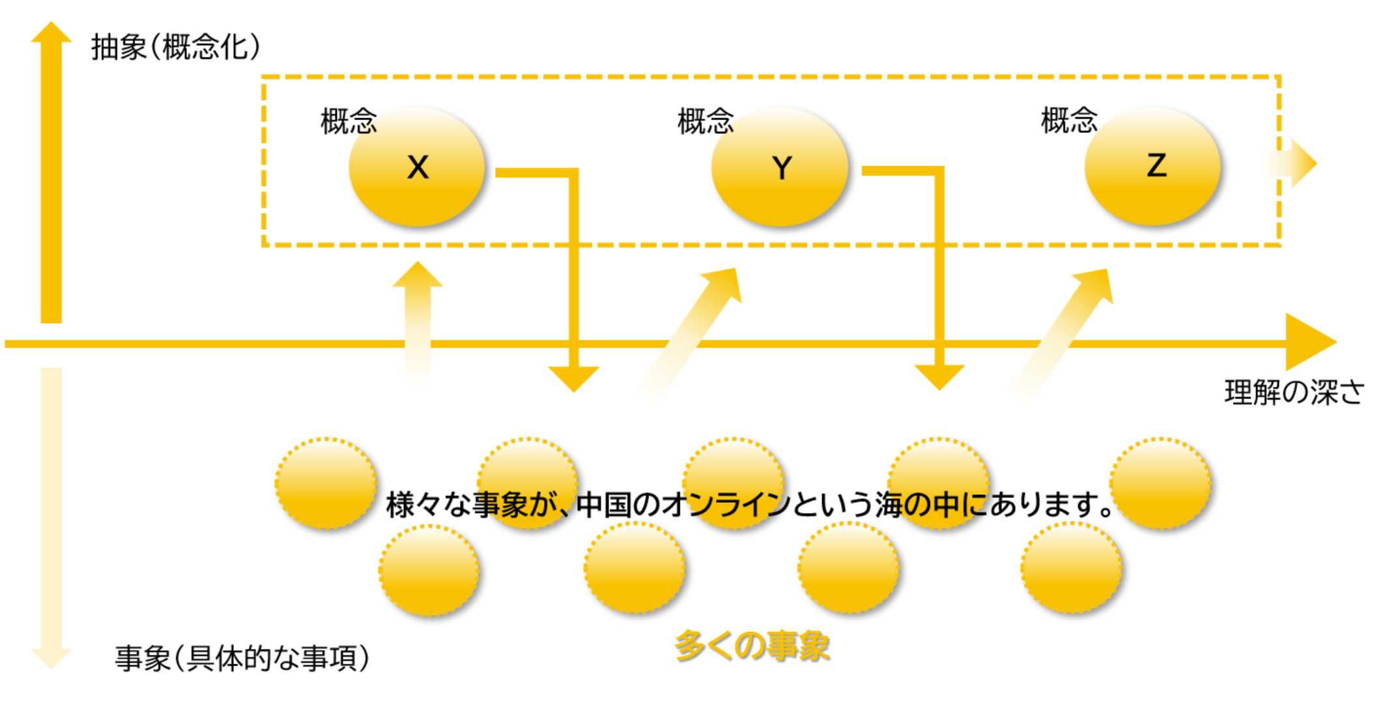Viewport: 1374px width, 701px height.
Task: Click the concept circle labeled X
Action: click(x=417, y=167)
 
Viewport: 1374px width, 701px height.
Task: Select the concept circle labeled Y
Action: click(x=780, y=167)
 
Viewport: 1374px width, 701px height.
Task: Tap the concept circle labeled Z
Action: click(x=1152, y=166)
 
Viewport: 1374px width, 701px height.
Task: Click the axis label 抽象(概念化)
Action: click(x=175, y=47)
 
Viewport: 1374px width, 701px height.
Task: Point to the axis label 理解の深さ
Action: click(x=1293, y=393)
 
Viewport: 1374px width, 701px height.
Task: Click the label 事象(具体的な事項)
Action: click(x=242, y=658)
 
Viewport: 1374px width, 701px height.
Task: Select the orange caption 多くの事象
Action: click(x=752, y=646)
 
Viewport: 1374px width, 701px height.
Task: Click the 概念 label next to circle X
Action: click(x=349, y=121)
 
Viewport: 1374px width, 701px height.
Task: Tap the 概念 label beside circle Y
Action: click(x=706, y=121)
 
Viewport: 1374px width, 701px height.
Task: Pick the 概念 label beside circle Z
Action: click(x=1069, y=120)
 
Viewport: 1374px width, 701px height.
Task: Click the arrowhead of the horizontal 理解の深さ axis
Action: click(x=1310, y=342)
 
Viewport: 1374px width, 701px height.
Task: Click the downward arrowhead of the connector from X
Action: click(x=574, y=378)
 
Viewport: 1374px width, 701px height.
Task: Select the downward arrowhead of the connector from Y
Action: click(x=939, y=376)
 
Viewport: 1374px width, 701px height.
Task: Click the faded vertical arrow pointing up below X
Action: click(x=418, y=313)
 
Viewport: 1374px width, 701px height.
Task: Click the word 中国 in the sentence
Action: click(x=604, y=505)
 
